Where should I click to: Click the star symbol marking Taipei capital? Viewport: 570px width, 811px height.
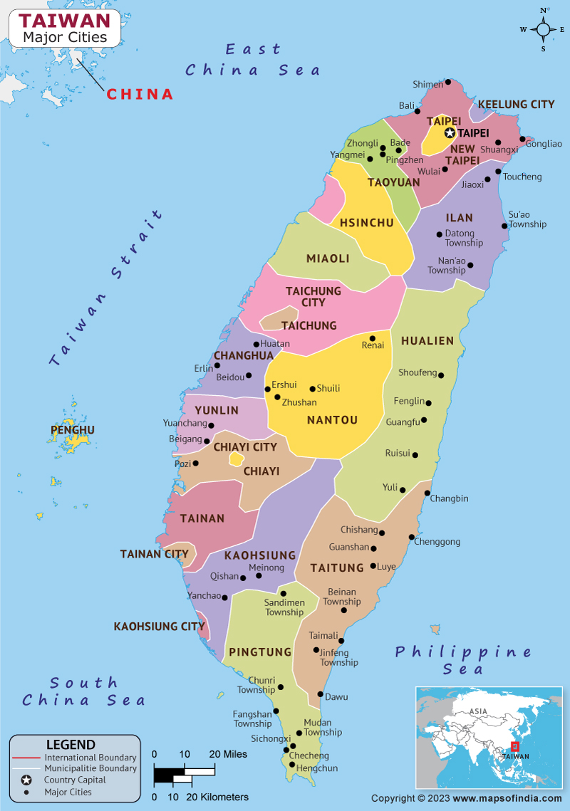450,132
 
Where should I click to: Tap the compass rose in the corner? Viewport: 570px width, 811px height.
543,29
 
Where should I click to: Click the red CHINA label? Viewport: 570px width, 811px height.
140,94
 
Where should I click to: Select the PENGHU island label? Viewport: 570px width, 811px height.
73,430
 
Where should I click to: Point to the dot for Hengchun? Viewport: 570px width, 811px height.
291,764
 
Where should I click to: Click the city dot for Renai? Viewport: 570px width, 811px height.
372,338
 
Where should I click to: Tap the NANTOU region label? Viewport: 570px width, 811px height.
332,420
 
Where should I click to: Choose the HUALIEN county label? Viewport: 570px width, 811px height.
427,341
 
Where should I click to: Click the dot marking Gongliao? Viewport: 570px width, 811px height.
522,140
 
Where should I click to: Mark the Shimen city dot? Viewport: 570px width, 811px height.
448,82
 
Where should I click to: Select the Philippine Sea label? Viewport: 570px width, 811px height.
464,660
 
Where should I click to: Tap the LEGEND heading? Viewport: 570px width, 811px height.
71,745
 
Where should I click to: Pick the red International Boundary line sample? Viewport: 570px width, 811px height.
26,758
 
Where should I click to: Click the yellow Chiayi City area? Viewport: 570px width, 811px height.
236,460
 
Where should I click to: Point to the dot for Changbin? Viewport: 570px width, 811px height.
427,493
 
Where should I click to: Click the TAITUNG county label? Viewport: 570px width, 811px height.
337,567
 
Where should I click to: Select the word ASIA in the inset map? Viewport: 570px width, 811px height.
478,711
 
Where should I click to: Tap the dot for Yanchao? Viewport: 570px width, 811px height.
224,597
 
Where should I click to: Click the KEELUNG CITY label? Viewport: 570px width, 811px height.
516,104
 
